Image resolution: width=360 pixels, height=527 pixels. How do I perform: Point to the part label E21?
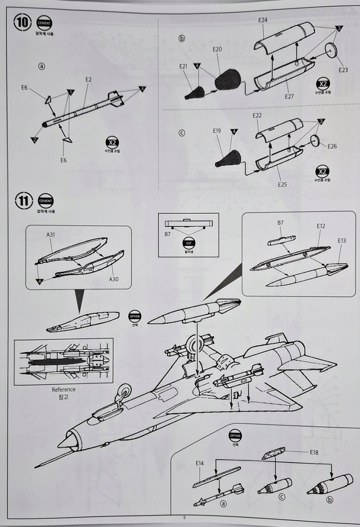tap(183, 66)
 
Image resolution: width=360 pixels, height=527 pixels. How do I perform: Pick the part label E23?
tap(343, 70)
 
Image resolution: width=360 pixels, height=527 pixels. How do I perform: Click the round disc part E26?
tap(316, 141)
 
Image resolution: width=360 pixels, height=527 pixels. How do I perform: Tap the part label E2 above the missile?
tap(88, 80)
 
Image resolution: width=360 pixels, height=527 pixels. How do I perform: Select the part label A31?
tap(51, 235)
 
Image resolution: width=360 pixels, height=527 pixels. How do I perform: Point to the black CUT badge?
tap(188, 243)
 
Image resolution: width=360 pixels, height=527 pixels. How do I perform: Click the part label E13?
tap(341, 241)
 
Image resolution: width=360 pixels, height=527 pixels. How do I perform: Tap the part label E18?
tap(314, 452)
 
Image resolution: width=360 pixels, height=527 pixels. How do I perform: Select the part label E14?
tap(200, 463)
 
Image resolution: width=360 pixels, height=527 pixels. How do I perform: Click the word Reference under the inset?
tap(63, 389)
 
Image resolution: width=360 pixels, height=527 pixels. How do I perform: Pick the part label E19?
tap(217, 131)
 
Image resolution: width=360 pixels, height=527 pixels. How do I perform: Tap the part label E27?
tap(289, 97)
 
